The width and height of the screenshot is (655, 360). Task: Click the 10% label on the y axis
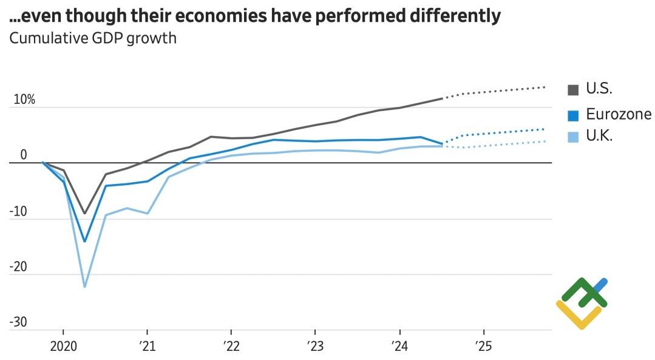tap(24, 100)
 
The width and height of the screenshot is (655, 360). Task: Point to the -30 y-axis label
tap(19, 322)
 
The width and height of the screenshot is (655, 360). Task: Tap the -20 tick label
tap(19, 267)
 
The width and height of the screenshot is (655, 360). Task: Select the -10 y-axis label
tap(19, 211)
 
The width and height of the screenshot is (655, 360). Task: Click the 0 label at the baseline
tap(24, 155)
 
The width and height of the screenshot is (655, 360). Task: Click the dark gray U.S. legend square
tap(572, 90)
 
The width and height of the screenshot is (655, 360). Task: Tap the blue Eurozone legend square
tap(572, 115)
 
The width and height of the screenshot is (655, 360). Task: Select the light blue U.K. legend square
tap(572, 137)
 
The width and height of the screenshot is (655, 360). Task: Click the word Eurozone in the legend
tap(618, 114)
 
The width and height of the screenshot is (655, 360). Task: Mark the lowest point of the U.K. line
tap(84, 287)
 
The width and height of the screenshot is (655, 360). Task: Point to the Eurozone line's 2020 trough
tap(84, 241)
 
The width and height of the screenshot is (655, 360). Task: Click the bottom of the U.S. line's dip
tap(84, 214)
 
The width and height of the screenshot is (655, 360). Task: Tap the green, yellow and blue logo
tap(582, 303)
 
